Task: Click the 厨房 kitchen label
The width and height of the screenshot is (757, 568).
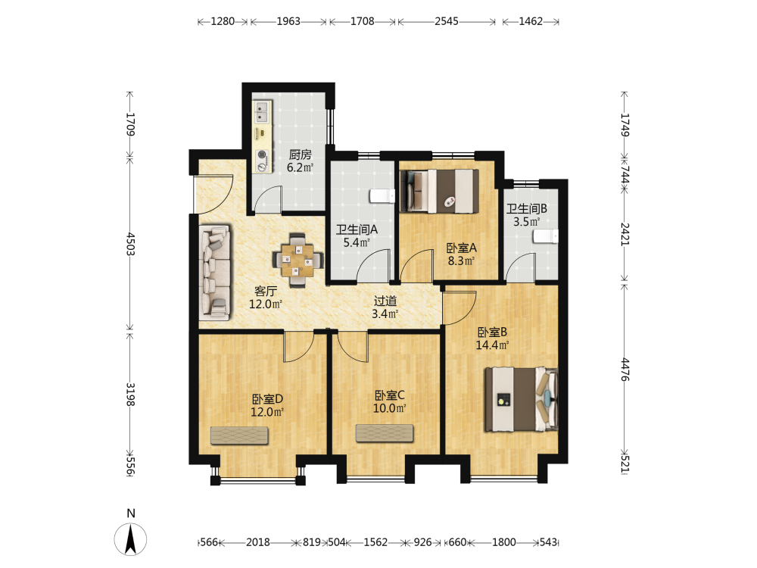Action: [x=300, y=155]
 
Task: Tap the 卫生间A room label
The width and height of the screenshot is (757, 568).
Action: [x=357, y=230]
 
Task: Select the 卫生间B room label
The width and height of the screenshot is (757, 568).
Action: [x=526, y=209]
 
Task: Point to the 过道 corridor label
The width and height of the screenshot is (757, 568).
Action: [x=385, y=301]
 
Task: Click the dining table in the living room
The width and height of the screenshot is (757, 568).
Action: [x=298, y=261]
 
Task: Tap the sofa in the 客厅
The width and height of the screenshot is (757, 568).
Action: [x=215, y=273]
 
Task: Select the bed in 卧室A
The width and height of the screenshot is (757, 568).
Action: [x=439, y=192]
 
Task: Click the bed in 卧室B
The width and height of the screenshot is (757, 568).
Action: [x=522, y=399]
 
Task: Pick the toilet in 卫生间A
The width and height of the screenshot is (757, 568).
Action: [x=382, y=195]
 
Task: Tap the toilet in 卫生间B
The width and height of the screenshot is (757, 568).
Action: [x=546, y=236]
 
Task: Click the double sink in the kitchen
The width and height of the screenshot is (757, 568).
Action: [x=262, y=112]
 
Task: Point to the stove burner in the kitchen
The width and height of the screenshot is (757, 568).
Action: [x=262, y=155]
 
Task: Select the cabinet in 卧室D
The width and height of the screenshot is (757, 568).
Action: [x=239, y=435]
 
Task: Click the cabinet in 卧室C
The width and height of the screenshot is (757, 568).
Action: [x=385, y=433]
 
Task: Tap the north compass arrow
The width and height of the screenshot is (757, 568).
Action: [x=130, y=540]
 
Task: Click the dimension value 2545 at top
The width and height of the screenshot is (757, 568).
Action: [x=446, y=21]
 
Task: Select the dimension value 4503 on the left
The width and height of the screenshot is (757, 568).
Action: [x=130, y=244]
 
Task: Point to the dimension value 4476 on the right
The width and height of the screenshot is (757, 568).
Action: [x=625, y=370]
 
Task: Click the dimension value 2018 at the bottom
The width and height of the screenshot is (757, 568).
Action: [x=258, y=542]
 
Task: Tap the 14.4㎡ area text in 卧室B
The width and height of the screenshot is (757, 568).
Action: [x=492, y=345]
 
